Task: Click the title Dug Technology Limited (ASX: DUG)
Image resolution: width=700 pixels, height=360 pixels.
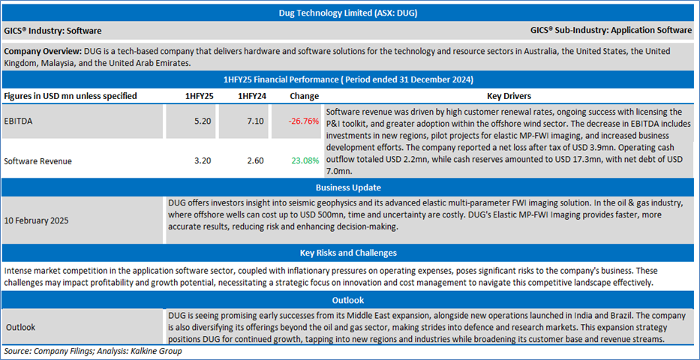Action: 350,12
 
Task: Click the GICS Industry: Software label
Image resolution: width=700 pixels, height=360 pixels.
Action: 53,31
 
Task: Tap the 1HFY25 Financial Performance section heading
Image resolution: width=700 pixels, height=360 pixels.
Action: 350,79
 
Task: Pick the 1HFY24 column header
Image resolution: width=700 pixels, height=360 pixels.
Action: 251,96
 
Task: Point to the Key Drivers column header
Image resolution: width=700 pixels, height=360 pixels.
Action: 509,96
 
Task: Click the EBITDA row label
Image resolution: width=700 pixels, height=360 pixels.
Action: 20,119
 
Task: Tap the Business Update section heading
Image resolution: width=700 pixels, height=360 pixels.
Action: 350,187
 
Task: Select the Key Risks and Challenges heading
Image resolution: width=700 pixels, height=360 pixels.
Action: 350,253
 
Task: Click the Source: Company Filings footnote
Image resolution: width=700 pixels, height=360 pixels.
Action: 93,351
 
